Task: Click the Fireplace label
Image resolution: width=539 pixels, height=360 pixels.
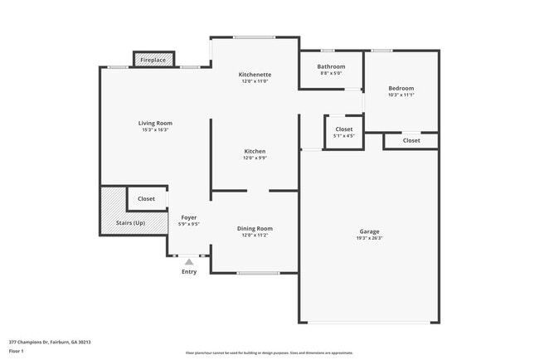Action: click(153, 61)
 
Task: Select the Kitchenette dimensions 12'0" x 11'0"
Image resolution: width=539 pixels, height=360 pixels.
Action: click(255, 81)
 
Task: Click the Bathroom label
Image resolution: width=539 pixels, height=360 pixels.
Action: click(331, 66)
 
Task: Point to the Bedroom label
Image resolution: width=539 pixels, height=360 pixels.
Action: click(401, 88)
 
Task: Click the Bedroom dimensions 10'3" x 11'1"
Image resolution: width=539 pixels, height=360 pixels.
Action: click(401, 95)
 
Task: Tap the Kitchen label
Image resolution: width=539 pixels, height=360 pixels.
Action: click(255, 151)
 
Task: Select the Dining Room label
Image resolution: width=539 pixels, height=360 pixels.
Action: click(255, 228)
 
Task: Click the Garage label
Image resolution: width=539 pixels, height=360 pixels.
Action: click(369, 231)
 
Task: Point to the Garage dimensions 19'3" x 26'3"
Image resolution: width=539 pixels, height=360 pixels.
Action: click(369, 238)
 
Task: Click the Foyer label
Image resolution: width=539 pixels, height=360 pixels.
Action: click(189, 216)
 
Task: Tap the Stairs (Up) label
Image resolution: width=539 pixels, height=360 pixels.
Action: click(129, 223)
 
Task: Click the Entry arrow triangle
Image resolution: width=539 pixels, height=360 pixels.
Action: click(189, 262)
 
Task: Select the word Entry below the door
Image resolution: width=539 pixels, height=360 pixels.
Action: click(189, 271)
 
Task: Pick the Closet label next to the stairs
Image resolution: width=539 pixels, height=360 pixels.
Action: click(146, 199)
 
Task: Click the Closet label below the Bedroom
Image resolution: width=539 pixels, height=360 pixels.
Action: click(411, 140)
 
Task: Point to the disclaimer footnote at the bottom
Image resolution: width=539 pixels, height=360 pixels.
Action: click(269, 353)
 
